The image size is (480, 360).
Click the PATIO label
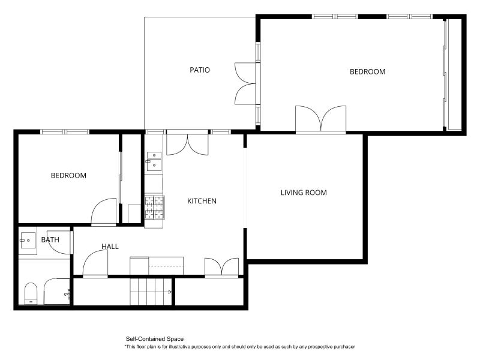200,70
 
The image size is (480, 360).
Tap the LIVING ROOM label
304,193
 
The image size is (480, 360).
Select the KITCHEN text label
202,201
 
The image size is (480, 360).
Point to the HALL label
110,247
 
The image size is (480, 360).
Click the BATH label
50,240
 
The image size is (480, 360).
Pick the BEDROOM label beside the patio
367,71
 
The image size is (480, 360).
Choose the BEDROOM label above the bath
68,176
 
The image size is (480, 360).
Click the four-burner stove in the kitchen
154,207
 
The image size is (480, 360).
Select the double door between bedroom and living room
321,119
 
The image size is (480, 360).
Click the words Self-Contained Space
154,339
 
